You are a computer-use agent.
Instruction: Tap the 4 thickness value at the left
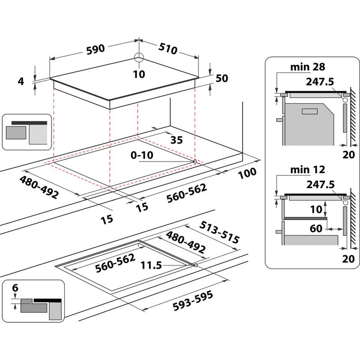coord(20,81)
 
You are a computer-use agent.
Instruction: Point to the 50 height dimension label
coord(222,78)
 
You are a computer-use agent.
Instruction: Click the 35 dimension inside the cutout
coord(176,140)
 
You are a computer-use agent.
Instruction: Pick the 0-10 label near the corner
coord(142,155)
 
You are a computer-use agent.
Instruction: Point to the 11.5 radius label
coord(151,265)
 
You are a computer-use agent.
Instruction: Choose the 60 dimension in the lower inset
coord(316,229)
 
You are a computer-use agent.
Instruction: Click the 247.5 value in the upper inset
coord(320,83)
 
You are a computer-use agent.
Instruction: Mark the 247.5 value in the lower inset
coord(320,184)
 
